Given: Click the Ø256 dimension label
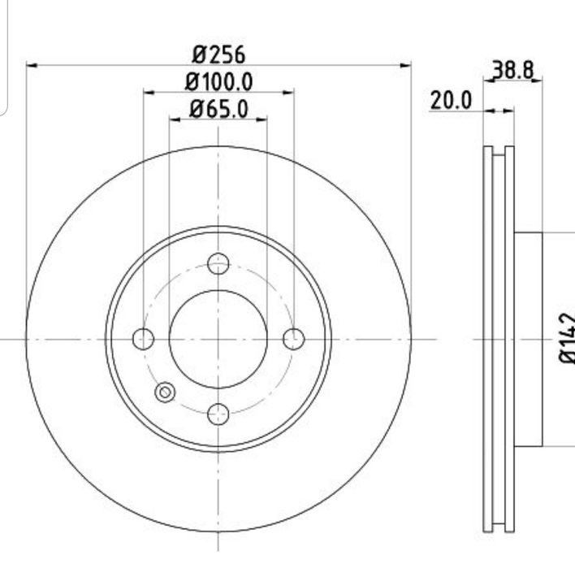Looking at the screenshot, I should pyautogui.click(x=218, y=55).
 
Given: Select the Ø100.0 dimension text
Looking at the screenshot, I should pyautogui.click(x=218, y=81).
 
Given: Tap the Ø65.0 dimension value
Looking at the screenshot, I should pyautogui.click(x=218, y=108).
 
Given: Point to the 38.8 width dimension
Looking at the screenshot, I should pyautogui.click(x=513, y=71).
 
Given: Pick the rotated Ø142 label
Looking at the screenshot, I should pyautogui.click(x=565, y=338).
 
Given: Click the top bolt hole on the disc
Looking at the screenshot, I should pyautogui.click(x=218, y=263).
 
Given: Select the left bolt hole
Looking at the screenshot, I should pyautogui.click(x=143, y=339).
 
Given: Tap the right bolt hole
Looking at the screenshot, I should pyautogui.click(x=293, y=339).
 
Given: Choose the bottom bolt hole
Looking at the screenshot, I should pyautogui.click(x=218, y=414).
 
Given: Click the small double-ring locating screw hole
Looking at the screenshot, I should pyautogui.click(x=165, y=392).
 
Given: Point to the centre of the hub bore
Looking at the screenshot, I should pyautogui.click(x=218, y=339).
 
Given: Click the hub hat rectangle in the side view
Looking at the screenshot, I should pyautogui.click(x=528, y=339).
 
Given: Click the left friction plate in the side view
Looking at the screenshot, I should pyautogui.click(x=488, y=339).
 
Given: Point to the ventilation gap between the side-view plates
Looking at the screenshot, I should pyautogui.click(x=499, y=339).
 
